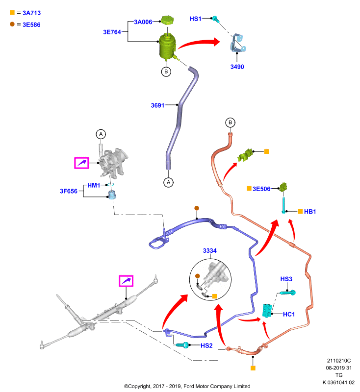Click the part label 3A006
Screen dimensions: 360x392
click(x=143, y=22)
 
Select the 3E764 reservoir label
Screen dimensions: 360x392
click(x=112, y=32)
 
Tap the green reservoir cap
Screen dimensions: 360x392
click(x=168, y=20)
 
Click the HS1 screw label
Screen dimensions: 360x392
click(x=195, y=19)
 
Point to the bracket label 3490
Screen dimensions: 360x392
click(x=237, y=67)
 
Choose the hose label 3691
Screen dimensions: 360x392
click(x=157, y=105)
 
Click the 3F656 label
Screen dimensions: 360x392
click(x=69, y=191)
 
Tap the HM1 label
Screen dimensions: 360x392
click(x=94, y=185)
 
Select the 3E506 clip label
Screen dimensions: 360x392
click(x=261, y=189)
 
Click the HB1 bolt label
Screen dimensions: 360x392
click(x=310, y=212)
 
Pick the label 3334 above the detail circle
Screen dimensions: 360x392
click(x=209, y=250)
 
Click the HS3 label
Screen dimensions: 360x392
click(x=286, y=279)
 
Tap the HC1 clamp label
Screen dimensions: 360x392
click(x=289, y=314)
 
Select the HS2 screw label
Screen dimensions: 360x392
click(x=206, y=345)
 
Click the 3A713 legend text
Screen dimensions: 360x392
click(x=31, y=13)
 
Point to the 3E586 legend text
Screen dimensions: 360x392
click(x=31, y=25)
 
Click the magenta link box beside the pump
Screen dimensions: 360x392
click(x=81, y=163)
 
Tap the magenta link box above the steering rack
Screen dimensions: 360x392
click(x=126, y=281)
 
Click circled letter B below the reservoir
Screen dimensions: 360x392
click(x=166, y=72)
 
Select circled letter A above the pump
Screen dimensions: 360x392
click(x=101, y=134)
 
